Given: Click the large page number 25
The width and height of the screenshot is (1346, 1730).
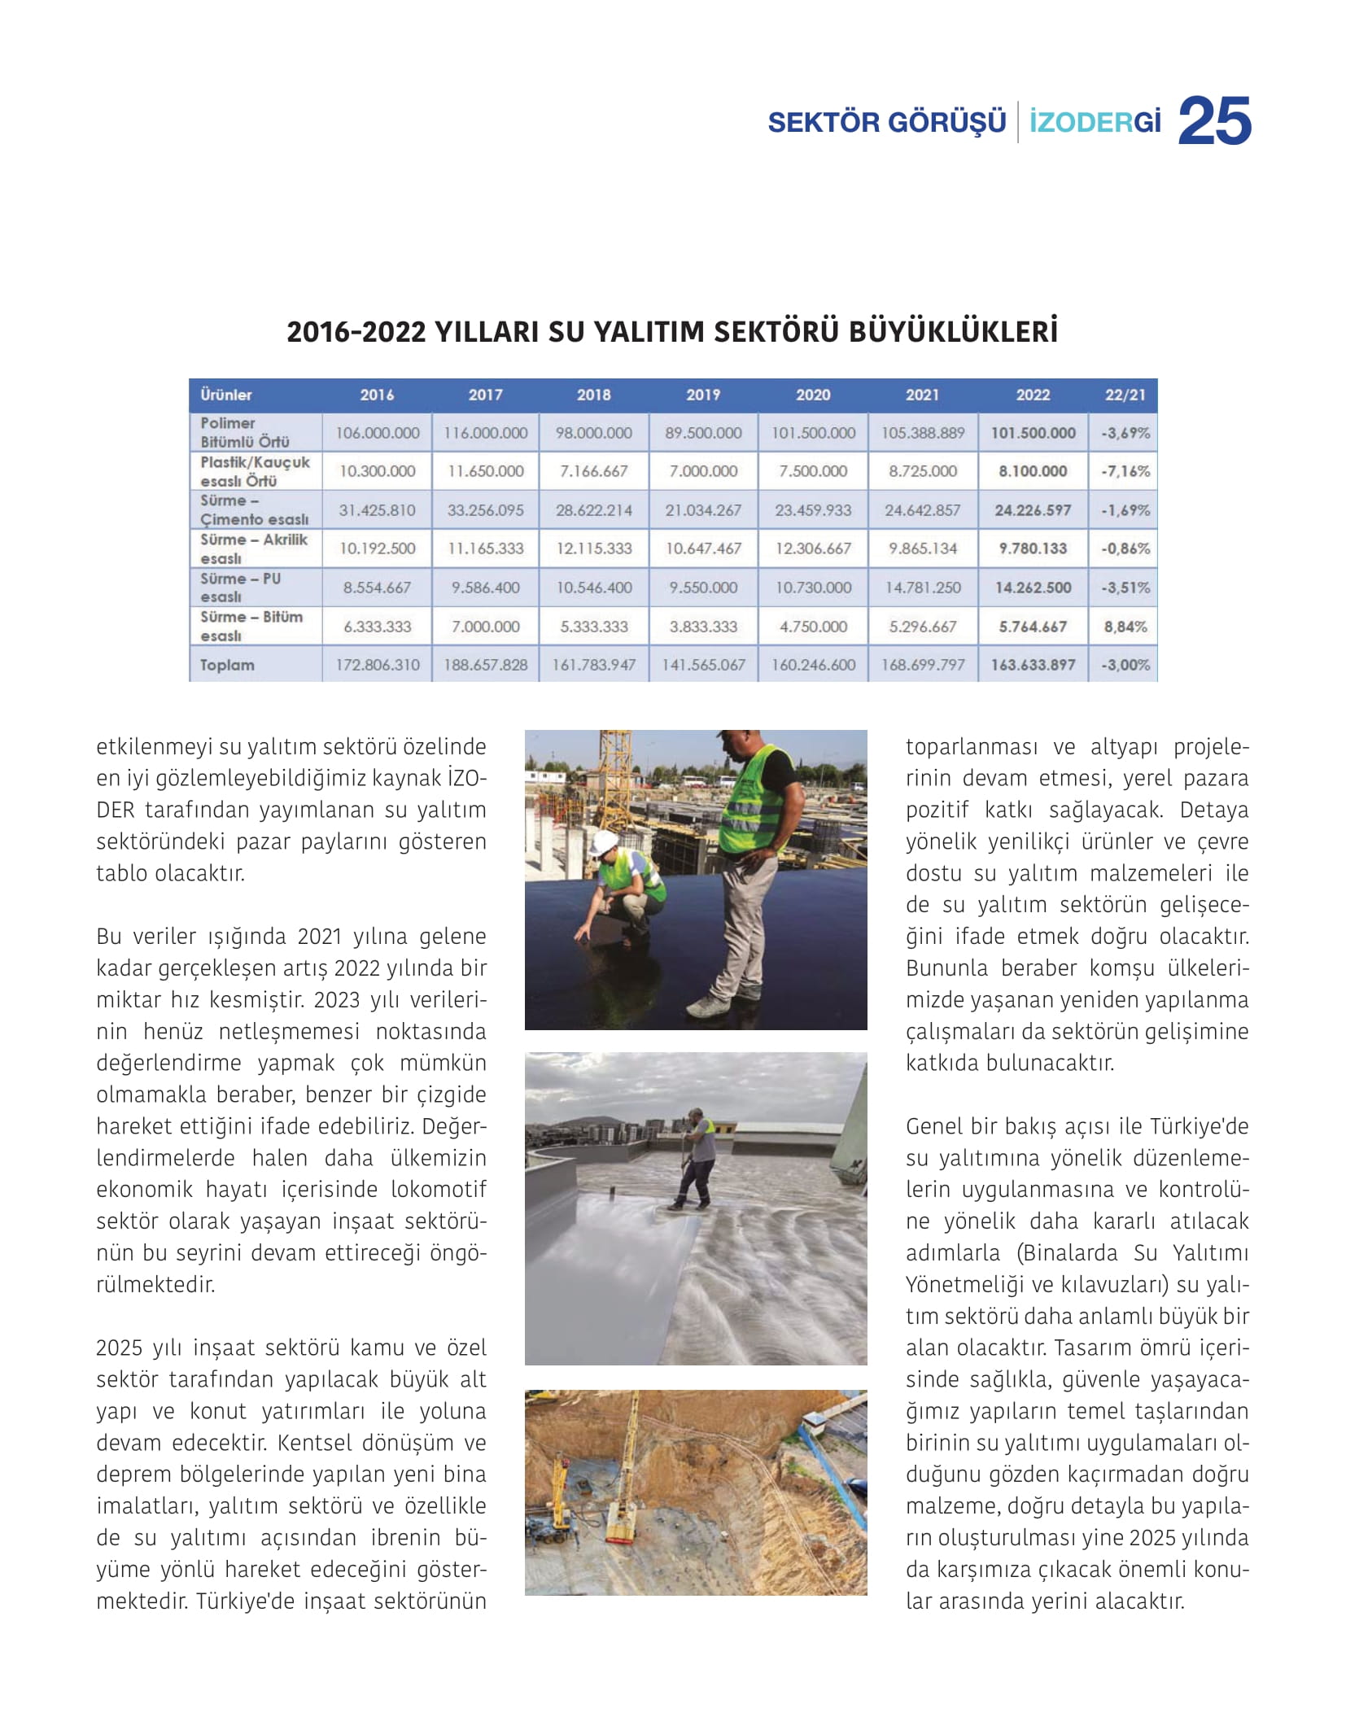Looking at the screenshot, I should pos(1214,121).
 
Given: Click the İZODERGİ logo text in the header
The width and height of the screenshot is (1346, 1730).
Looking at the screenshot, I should pos(1095,123).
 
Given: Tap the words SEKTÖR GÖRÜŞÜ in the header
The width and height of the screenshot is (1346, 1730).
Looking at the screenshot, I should pos(886,123).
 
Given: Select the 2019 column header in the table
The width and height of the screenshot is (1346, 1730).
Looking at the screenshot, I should pos(703,395).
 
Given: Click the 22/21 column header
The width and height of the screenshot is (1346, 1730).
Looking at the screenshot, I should pos(1125,395).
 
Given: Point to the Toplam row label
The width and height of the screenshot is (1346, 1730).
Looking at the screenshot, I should pos(227,665).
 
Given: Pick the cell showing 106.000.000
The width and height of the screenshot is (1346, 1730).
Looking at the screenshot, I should pos(378,433).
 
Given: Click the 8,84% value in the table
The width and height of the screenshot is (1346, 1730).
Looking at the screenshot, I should pos(1125,627).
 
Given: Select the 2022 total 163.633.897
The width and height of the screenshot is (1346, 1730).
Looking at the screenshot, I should pos(1033,665).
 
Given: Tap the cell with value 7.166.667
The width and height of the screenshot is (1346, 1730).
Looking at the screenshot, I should pos(594,471).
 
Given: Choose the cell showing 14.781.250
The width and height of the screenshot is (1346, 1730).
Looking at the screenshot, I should pos(923,588).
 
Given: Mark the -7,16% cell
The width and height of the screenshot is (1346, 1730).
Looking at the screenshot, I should pos(1125,471).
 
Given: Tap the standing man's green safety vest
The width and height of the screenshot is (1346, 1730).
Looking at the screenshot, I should pos(754,802).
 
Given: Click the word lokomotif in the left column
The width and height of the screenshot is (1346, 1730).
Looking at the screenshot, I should pos(439,1189).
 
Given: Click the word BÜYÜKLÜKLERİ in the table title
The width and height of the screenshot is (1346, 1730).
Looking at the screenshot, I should pos(953,332).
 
